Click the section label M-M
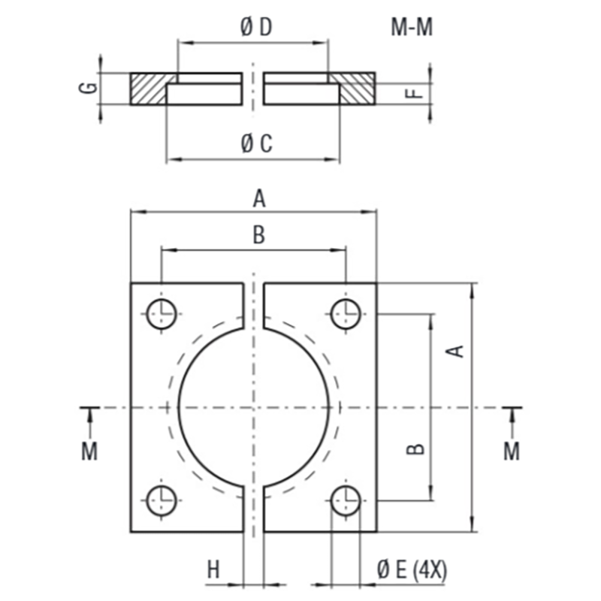(x=412, y=28)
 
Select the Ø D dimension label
(x=256, y=27)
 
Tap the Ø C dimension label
(x=256, y=143)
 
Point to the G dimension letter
(x=88, y=88)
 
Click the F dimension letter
(x=414, y=92)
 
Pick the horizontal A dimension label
(x=259, y=199)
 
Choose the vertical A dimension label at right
(x=456, y=351)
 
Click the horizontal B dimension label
(x=259, y=235)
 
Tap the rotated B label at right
(x=415, y=448)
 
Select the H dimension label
(x=213, y=569)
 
